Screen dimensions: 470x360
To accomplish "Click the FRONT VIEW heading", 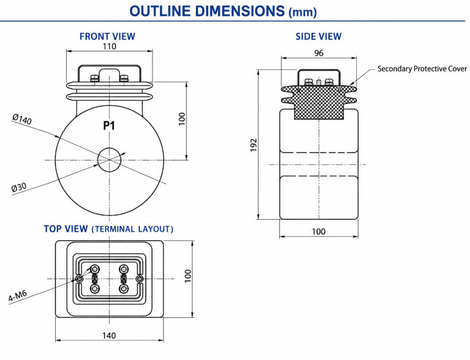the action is pos(107,36).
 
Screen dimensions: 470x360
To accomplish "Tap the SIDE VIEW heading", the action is pos(318,36).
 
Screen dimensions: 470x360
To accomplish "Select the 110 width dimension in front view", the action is pos(109,46).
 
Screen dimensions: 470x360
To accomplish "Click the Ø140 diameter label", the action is pos(22,119).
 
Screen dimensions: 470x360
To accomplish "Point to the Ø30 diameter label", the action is pos(19,187).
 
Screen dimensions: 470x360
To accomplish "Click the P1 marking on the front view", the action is pos(109,126).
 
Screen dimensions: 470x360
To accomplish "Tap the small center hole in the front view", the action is pos(109,160).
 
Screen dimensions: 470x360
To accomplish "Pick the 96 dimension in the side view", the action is pos(319,53).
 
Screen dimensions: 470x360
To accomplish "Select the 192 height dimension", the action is pos(254,145).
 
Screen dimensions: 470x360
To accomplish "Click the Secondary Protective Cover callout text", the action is pos(422,69).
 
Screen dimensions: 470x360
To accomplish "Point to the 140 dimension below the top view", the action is pos(109,335).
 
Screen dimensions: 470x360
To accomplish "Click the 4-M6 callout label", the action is pos(17,296).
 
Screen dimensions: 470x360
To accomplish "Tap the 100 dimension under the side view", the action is pos(318,232).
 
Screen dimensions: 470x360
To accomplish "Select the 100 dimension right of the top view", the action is pos(187,276).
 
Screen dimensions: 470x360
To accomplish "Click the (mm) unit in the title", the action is pos(302,13).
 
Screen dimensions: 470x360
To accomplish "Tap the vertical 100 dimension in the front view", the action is pos(181,119).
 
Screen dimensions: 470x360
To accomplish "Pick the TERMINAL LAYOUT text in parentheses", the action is pos(132,229).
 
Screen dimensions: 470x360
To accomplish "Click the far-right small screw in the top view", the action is pos(140,279).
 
